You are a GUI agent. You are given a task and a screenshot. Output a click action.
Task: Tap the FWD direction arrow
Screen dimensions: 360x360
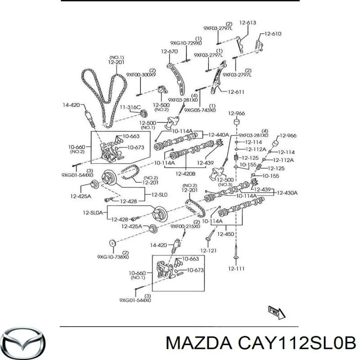277,312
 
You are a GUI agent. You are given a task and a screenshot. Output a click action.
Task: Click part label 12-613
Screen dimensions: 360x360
247,22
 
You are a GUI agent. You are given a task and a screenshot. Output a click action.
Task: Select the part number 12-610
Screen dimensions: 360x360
273,34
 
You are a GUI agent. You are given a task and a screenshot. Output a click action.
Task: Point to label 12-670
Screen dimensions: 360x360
169,51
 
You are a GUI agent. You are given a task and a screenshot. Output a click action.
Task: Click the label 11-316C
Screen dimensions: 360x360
130,107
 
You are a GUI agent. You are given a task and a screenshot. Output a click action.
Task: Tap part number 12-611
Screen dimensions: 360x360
236,92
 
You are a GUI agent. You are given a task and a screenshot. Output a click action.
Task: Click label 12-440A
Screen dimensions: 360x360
219,135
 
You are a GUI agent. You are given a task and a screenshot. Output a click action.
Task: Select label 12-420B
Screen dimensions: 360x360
185,174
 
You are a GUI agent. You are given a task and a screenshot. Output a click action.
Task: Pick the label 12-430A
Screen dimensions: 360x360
287,193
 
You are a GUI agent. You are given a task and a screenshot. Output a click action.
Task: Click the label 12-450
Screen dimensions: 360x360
225,234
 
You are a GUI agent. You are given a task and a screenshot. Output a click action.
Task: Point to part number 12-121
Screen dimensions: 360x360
208,251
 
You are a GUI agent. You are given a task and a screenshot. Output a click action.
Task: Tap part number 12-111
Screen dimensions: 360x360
236,268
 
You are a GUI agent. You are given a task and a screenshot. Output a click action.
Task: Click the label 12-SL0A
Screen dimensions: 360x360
93,212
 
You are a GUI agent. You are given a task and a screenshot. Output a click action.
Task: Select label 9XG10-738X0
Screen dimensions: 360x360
113,257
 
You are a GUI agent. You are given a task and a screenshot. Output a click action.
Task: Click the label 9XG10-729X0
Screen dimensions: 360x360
186,43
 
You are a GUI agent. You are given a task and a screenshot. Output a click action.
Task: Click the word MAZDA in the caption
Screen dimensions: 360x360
199,344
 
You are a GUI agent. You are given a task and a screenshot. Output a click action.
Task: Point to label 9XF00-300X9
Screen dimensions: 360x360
141,75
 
